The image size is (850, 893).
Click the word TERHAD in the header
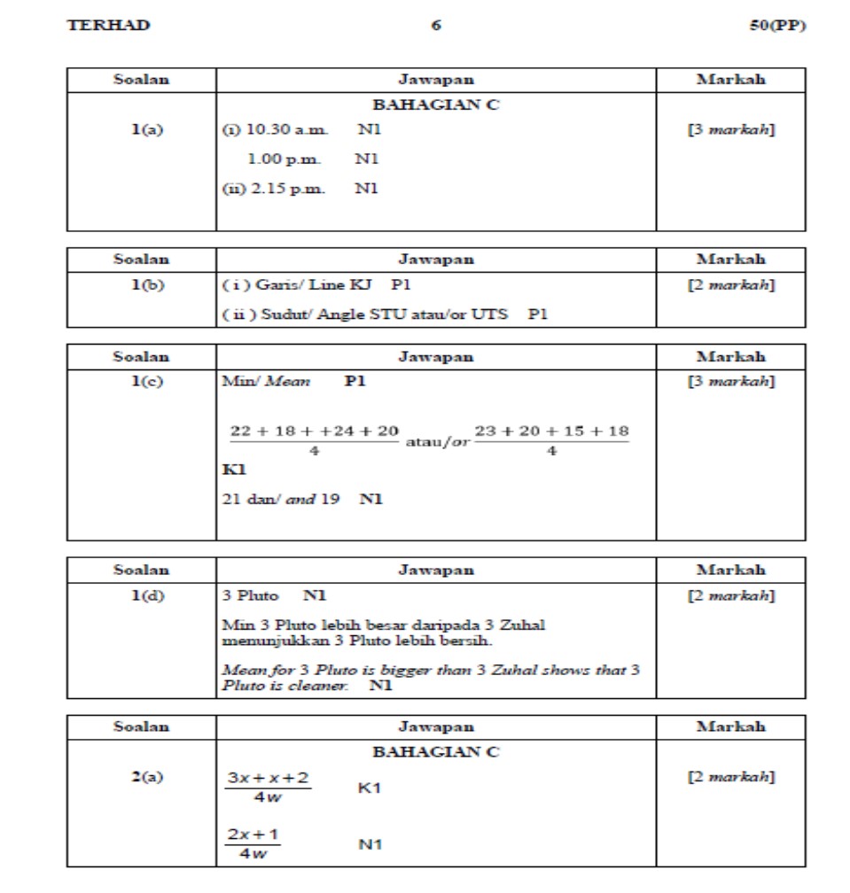109,26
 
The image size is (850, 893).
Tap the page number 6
435,26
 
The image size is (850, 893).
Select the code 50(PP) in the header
776,26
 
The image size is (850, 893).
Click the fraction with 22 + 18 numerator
314,440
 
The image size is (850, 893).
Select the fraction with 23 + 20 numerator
551,440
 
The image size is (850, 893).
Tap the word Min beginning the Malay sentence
234,625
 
